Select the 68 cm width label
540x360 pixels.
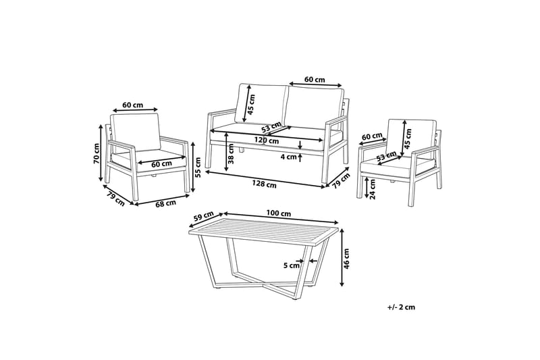click(x=166, y=202)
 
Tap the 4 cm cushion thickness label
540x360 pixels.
click(x=288, y=157)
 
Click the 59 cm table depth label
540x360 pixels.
click(x=200, y=217)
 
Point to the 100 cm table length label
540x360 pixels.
click(x=278, y=213)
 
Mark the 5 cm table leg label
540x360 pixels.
click(x=292, y=265)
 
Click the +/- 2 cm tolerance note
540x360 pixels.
click(x=402, y=307)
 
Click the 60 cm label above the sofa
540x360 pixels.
click(x=315, y=80)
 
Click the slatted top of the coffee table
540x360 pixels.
click(x=263, y=233)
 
